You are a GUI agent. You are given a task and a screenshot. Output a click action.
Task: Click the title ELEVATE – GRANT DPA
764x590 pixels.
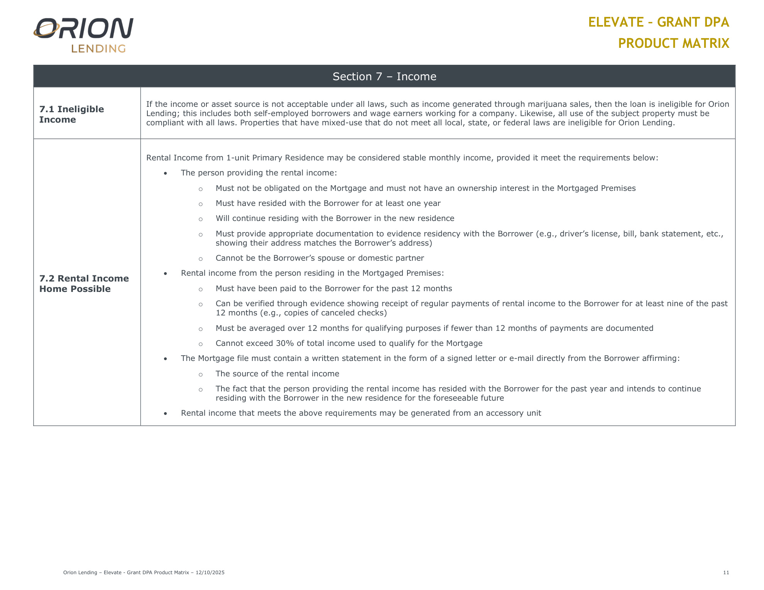[658, 22]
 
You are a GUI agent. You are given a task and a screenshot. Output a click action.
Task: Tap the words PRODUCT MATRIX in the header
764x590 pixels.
[673, 43]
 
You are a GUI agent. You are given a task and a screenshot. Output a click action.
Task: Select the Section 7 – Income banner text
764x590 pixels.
[384, 76]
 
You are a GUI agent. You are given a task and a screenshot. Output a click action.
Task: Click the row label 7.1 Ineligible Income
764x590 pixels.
[71, 114]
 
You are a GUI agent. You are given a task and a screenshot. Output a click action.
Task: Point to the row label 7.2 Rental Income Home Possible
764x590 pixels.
[84, 283]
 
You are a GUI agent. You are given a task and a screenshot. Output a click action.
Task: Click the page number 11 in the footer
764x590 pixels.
[726, 572]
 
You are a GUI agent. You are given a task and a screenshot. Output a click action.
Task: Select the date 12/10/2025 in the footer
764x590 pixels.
[210, 572]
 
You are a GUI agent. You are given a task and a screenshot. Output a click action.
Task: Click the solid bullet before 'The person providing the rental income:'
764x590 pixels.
[166, 173]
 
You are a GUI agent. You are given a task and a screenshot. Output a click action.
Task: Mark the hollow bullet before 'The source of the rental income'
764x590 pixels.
[201, 374]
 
